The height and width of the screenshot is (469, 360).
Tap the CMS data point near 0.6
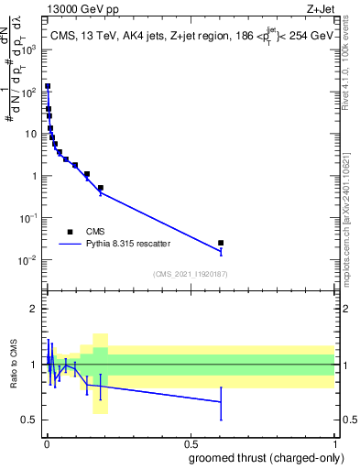(x=221, y=243)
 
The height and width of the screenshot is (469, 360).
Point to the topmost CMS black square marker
(x=48, y=86)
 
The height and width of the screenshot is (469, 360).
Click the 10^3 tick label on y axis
(x=30, y=49)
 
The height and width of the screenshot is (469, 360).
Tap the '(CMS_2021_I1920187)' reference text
(x=189, y=274)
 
